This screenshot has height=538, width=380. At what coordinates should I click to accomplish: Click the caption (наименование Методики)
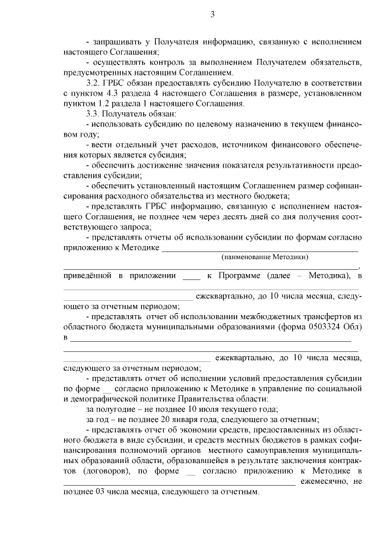pyautogui.click(x=265, y=257)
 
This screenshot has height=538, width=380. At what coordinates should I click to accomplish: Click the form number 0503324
pyautogui.click(x=325, y=328)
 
